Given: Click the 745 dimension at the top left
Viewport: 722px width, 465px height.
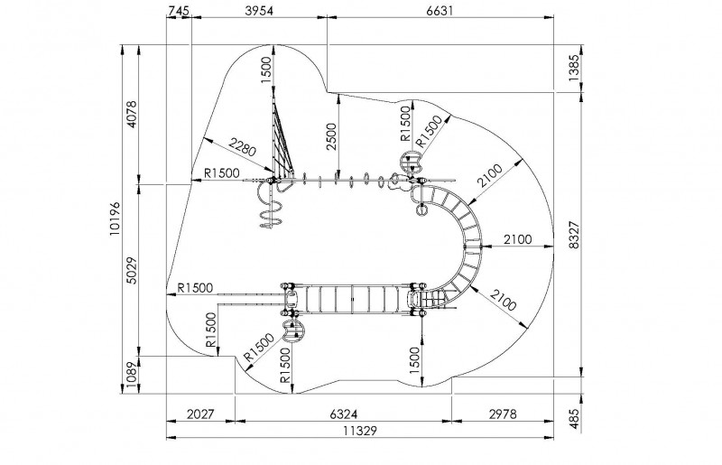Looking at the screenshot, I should pyautogui.click(x=179, y=10).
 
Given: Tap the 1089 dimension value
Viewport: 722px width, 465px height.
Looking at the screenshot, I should pyautogui.click(x=133, y=374).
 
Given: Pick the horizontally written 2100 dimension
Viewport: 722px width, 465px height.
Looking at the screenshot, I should pyautogui.click(x=517, y=238).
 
